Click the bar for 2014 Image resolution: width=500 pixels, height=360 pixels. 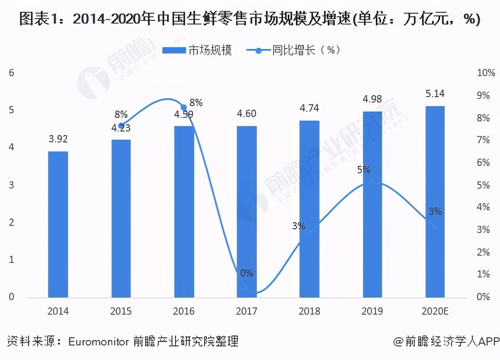pos(58,224)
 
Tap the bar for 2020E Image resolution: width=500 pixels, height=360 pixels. pos(435,202)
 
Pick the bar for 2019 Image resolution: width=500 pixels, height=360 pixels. pos(372,204)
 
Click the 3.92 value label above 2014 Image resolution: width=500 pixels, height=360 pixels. pos(58,139)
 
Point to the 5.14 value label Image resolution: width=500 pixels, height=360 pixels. pos(435,94)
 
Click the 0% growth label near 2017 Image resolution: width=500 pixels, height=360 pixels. pos(247,273)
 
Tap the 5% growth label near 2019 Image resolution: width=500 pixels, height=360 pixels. pos(363,170)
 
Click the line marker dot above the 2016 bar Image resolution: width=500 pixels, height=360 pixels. pos(184,107)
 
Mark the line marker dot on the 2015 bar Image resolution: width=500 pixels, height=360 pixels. pos(121,126)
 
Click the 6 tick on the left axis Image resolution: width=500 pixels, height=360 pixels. pos(12,73)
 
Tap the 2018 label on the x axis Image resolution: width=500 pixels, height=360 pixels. pos(309,311)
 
